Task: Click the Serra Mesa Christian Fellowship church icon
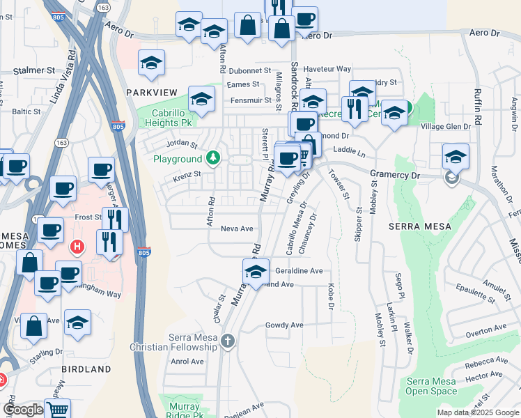point(228,341)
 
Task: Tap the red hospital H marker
point(78,246)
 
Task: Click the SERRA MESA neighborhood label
point(419,226)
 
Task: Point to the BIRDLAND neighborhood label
point(86,369)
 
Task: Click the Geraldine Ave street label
point(299,270)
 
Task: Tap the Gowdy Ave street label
point(284,325)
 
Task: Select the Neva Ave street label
point(236,229)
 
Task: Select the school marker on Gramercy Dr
point(456,157)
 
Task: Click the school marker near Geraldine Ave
point(256,272)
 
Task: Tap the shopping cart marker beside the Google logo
point(58,410)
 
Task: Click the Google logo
point(23,410)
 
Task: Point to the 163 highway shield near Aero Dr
point(103,7)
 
